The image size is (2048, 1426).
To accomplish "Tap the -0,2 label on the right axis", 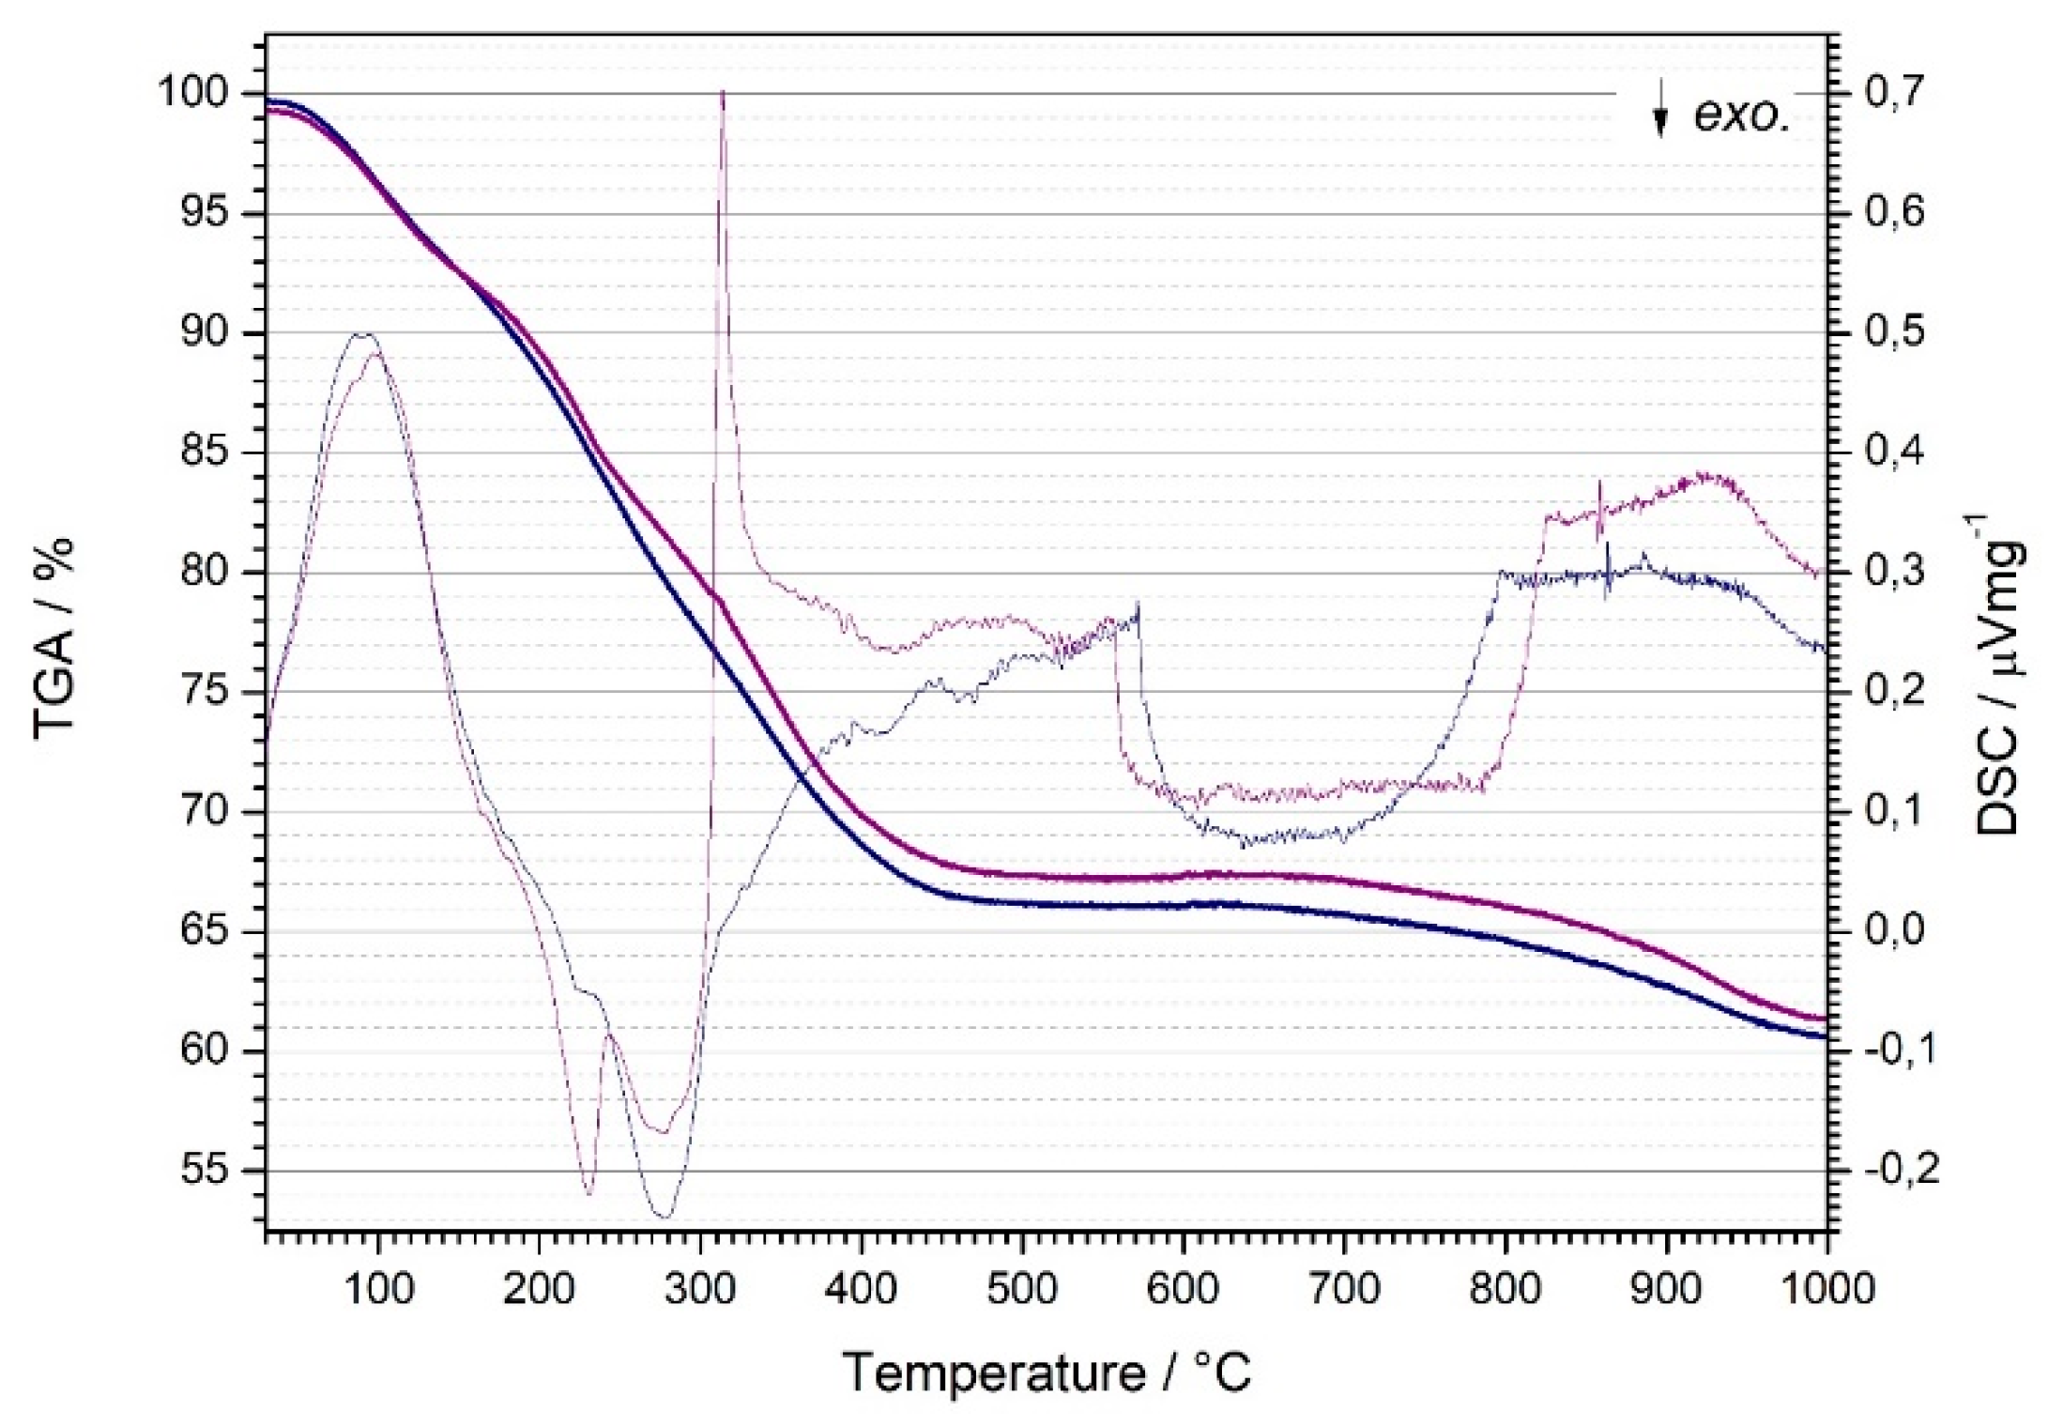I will pos(1890,1171).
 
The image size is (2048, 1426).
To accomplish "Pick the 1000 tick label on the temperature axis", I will pos(1825,1289).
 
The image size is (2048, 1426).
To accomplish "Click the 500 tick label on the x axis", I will pos(1022,1289).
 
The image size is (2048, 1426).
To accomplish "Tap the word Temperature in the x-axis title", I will pos(994,1373).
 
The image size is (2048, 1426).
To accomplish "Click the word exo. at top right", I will pos(1742,115).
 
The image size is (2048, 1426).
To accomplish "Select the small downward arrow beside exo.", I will pos(1660,111).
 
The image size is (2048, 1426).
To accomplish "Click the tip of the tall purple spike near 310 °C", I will pos(722,92).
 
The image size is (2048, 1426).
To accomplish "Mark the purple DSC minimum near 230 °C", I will pos(589,1193).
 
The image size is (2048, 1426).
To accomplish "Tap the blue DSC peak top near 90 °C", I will pos(364,334).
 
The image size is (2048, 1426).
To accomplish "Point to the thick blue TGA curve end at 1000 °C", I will pos(1825,1036).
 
